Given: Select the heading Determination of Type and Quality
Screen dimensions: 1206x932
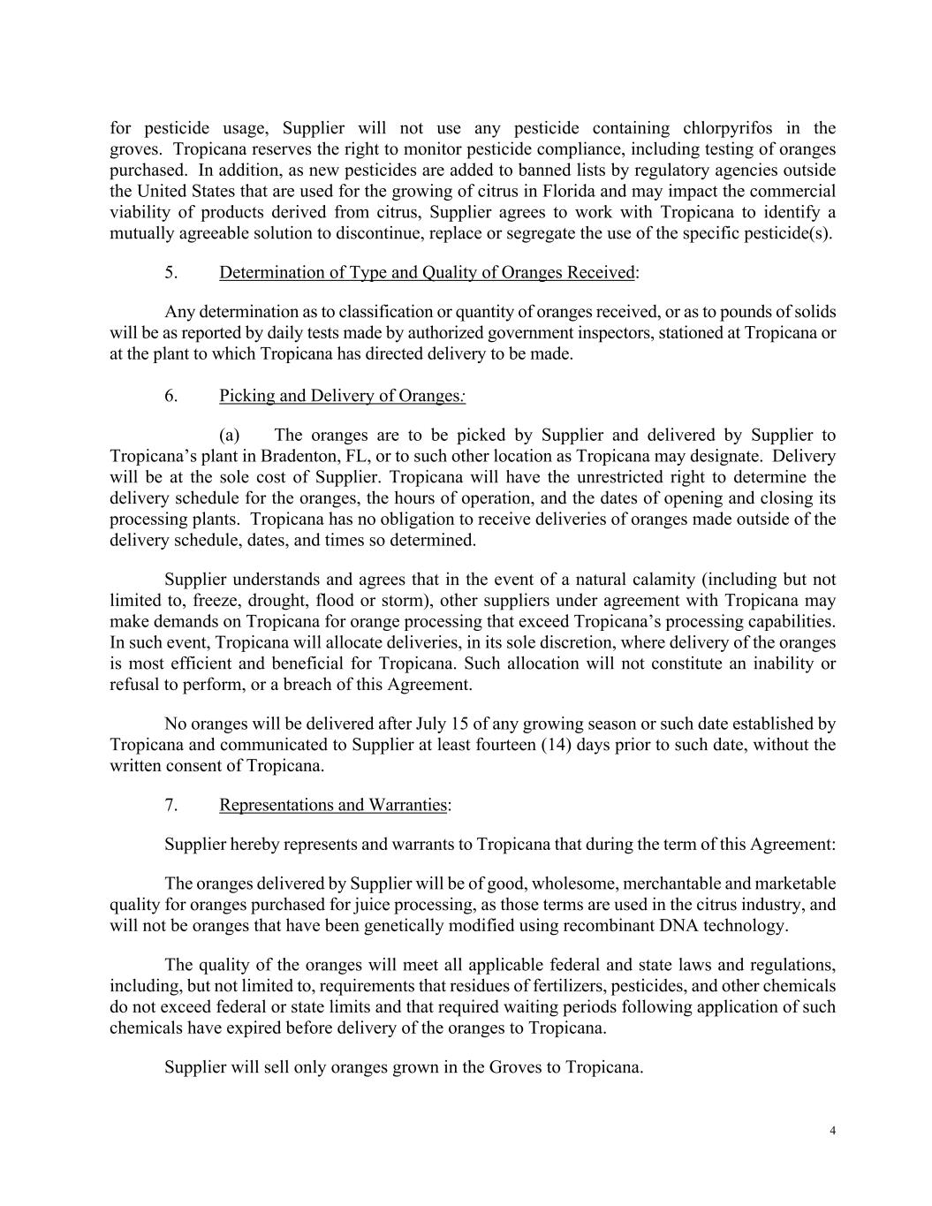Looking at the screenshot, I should pos(427,272).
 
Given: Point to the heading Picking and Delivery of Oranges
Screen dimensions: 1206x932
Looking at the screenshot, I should pos(342,395).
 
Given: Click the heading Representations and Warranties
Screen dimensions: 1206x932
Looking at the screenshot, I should pos(333,805).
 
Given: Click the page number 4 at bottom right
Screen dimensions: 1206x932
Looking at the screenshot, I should pos(833,1131).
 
